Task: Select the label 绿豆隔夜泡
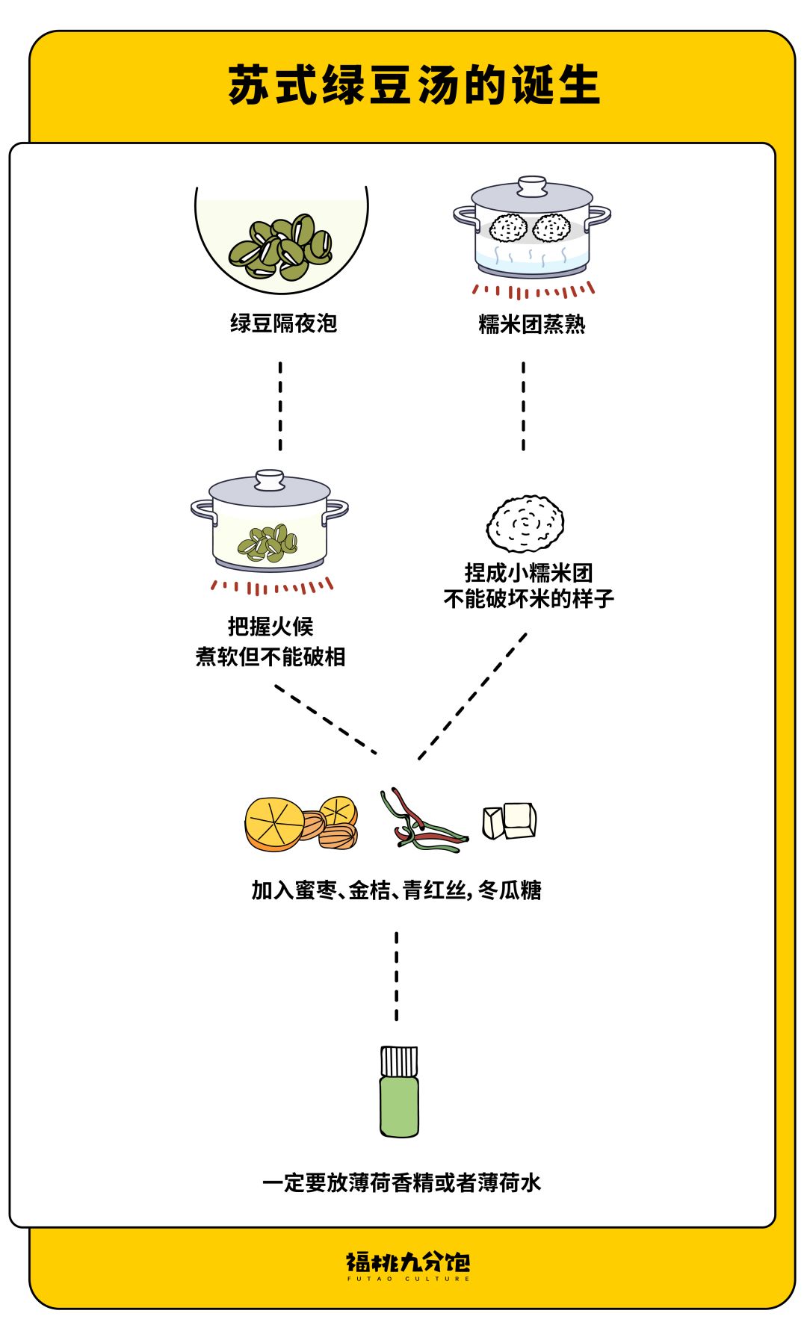tap(283, 323)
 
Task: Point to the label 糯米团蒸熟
tap(532, 324)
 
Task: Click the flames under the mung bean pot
tap(270, 586)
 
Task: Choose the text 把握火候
tap(270, 626)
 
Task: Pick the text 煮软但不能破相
tap(270, 657)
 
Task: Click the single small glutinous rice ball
tap(525, 524)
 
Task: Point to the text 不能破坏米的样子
tap(528, 599)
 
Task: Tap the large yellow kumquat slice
tap(274, 824)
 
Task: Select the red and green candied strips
tap(422, 822)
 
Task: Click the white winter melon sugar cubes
tap(510, 821)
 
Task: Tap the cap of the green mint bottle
tap(399, 1061)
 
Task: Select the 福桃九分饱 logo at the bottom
tap(408, 1264)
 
